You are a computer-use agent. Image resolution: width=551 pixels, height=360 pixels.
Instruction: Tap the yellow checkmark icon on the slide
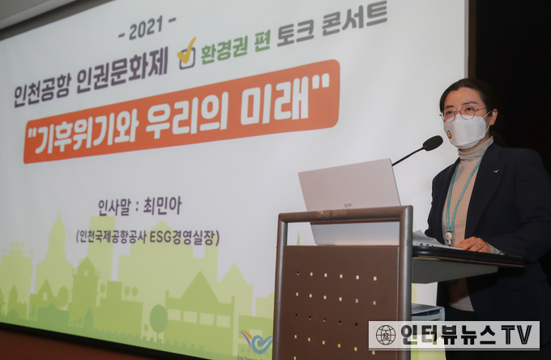point(187,54)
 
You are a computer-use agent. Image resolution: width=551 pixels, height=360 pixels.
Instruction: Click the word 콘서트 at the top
point(354,20)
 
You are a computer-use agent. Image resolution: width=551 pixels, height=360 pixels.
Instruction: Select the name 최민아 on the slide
point(162,206)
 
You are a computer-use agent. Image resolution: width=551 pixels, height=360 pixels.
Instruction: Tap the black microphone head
point(433,143)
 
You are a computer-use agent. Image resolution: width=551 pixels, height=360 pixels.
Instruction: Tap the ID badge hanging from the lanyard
point(450,238)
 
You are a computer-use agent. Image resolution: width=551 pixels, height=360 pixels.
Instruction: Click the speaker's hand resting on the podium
point(473,244)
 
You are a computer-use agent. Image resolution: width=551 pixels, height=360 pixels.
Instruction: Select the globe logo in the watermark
point(386,335)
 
